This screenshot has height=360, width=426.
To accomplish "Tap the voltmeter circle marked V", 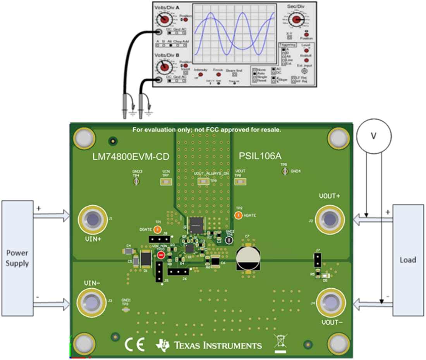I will [374, 136].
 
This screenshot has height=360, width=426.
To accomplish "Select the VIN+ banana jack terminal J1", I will [93, 220].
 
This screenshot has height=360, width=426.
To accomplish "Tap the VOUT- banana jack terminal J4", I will [330, 302].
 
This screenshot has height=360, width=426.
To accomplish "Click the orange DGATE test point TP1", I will [157, 229].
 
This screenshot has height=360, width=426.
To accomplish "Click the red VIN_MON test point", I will [161, 255].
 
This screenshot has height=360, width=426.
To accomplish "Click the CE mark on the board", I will [134, 344].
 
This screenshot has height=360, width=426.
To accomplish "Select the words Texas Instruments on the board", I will [217, 345].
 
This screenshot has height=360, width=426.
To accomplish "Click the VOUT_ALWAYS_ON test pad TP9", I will [203, 181].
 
